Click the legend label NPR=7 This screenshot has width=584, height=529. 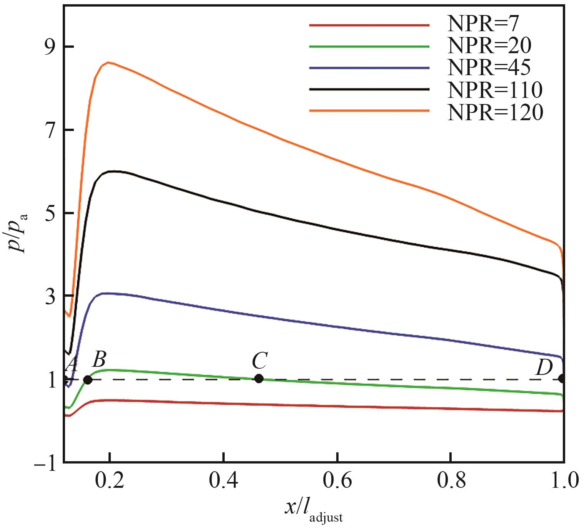coord(483,25)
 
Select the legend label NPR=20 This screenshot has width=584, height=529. coord(489,47)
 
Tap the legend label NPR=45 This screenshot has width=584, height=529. coord(489,68)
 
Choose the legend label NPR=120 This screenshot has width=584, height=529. coord(495,112)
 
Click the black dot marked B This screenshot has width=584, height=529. coord(88,380)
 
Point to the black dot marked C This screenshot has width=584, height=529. coord(259,379)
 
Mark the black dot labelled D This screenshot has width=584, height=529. coord(562,378)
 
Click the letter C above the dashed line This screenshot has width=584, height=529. coord(260,361)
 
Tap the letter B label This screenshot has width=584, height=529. coord(99,359)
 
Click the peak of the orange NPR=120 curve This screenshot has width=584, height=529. coord(109,62)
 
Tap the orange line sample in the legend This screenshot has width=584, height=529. coord(369,111)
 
